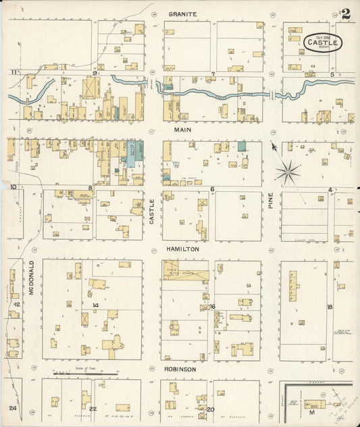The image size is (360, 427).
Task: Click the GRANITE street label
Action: (183, 14)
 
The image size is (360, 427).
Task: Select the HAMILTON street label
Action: (182, 249)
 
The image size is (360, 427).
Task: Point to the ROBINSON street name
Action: (180, 370)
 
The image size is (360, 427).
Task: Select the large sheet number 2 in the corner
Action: (345, 14)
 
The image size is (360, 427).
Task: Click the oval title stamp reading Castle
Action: (323, 43)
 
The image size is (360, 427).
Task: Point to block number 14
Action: (96, 306)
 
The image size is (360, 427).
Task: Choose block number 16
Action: (212, 307)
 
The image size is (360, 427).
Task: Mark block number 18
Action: (330, 307)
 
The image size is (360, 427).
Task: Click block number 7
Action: (213, 73)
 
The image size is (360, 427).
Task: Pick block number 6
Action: (212, 189)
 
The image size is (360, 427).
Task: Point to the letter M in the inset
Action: (312, 411)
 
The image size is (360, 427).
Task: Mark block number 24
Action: (12, 409)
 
